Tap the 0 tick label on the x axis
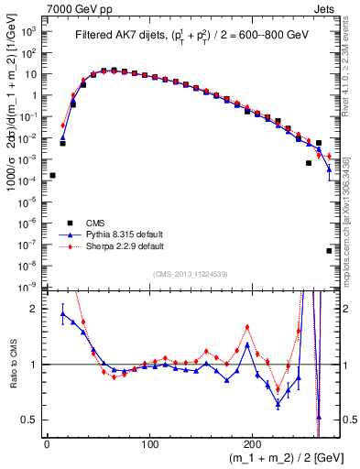pos(47,446)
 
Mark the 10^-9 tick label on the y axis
pos(29,287)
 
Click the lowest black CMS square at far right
pos(329,250)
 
